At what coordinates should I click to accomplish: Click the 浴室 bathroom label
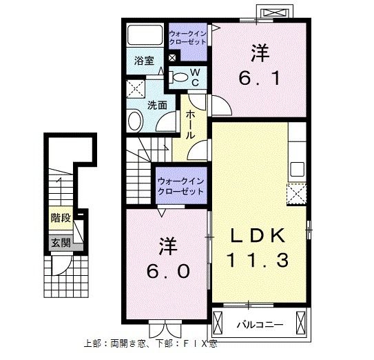(x=144, y=61)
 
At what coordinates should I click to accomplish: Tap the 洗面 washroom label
(x=157, y=106)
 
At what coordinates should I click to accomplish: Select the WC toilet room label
(x=195, y=76)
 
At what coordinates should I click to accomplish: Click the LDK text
(x=258, y=234)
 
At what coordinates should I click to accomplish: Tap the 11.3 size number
(x=258, y=261)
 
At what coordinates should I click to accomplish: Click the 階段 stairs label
(x=61, y=219)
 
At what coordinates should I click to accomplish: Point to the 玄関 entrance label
(x=60, y=242)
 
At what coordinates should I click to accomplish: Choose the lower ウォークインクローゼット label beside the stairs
(x=181, y=186)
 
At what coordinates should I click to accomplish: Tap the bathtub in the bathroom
(x=145, y=35)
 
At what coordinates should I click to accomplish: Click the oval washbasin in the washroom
(x=135, y=121)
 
